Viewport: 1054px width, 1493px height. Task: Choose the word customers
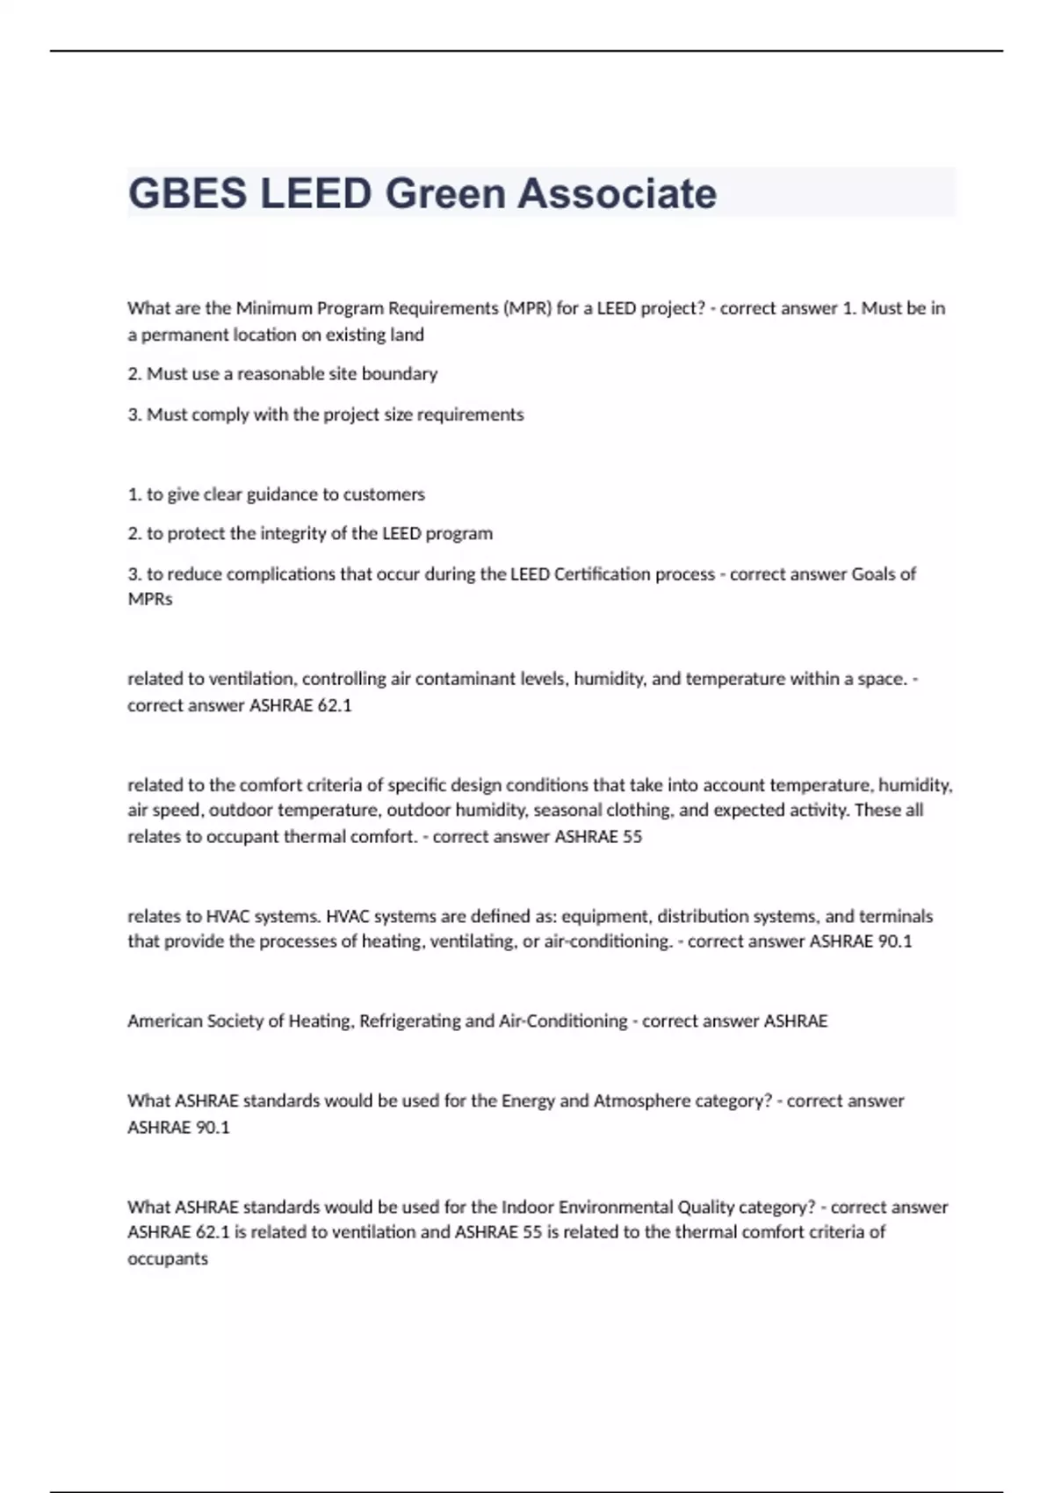[x=383, y=494]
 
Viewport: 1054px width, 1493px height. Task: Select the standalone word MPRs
[x=150, y=600]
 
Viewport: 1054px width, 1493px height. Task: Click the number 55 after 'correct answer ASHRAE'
[x=632, y=837]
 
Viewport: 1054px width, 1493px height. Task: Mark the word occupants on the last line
[x=168, y=1259]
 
